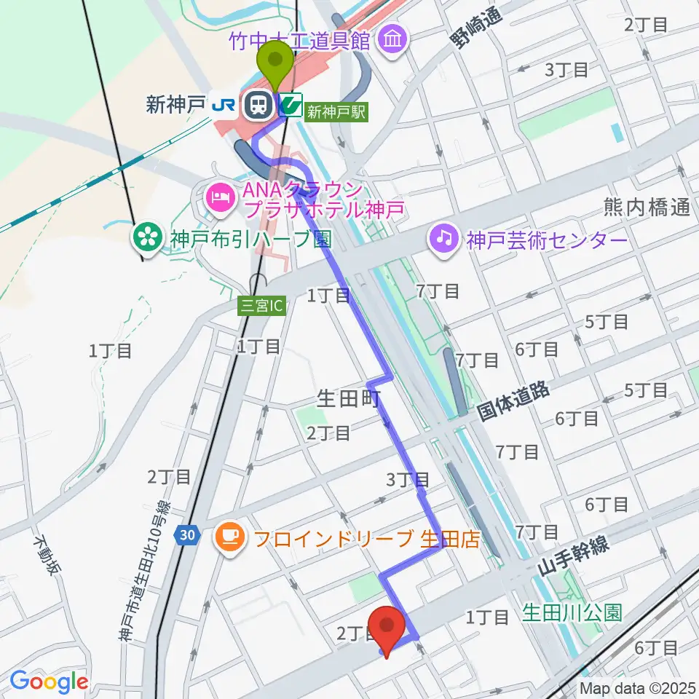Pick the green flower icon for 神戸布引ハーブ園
point(148,237)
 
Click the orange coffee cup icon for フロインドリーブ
point(231,537)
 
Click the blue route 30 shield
point(187,535)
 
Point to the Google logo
point(49,682)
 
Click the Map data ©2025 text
point(638,687)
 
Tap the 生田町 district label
point(349,398)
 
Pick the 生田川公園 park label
point(572,612)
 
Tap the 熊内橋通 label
point(647,208)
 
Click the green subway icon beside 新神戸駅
point(291,106)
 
